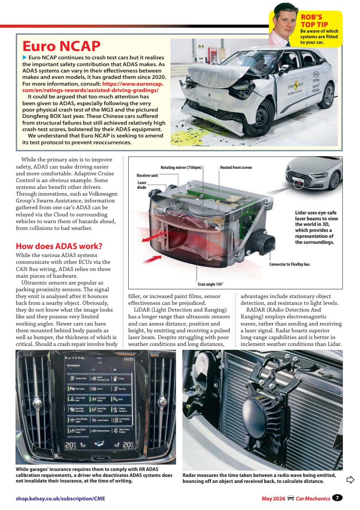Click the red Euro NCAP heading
pyautogui.click(x=61, y=47)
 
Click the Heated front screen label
pyautogui.click(x=236, y=167)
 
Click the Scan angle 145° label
pyautogui.click(x=210, y=284)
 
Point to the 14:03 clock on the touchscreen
pyautogui.click(x=128, y=359)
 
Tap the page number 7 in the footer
pyautogui.click(x=338, y=498)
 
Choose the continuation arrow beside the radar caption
pyautogui.click(x=350, y=479)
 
